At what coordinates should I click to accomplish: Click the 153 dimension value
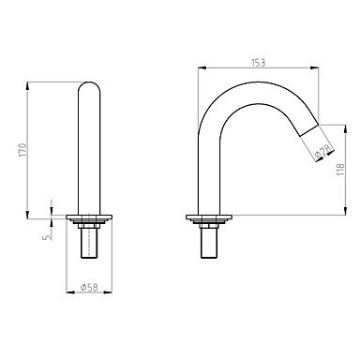click(x=259, y=63)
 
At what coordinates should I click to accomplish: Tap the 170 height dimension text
click(x=23, y=150)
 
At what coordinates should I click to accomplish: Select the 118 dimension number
click(x=340, y=170)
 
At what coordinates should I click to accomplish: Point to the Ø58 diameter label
click(x=89, y=287)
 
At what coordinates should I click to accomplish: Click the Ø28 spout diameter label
click(x=322, y=151)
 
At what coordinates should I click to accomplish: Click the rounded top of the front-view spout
click(x=89, y=87)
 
